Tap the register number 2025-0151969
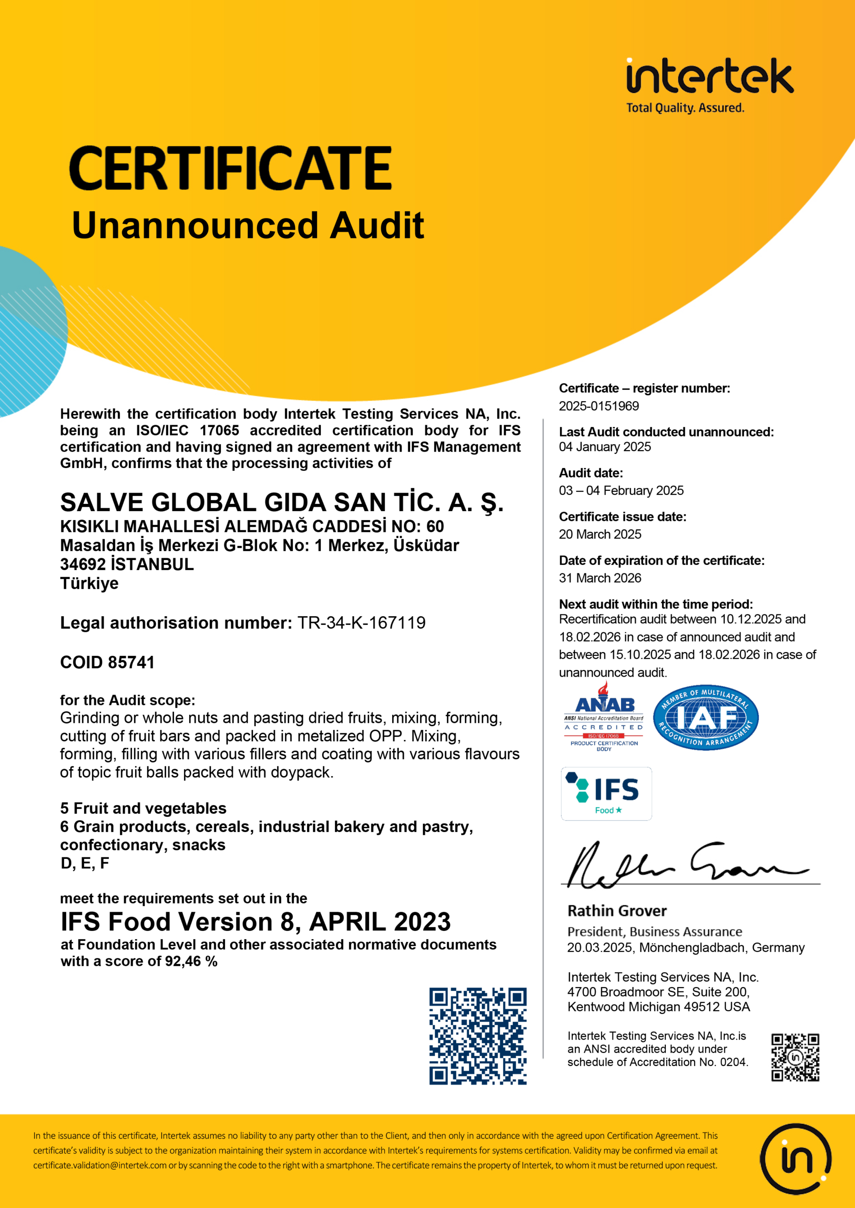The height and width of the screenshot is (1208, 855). tap(599, 406)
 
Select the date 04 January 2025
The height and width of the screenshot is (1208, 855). tap(604, 447)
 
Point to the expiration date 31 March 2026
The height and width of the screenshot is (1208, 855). tap(600, 578)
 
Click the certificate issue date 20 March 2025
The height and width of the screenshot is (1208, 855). tap(600, 534)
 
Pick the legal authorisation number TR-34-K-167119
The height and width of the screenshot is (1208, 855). tap(361, 623)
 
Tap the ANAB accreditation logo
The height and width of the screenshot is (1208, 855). tap(604, 717)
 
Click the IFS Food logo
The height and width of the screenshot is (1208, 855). tap(606, 794)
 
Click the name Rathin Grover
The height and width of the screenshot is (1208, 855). tap(617, 911)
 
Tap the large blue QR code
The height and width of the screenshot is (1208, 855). tap(478, 1036)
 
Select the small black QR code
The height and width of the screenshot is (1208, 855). tap(795, 1057)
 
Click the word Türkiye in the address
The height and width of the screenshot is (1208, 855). tap(90, 583)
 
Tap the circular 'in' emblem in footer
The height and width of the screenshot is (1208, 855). tap(795, 1158)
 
